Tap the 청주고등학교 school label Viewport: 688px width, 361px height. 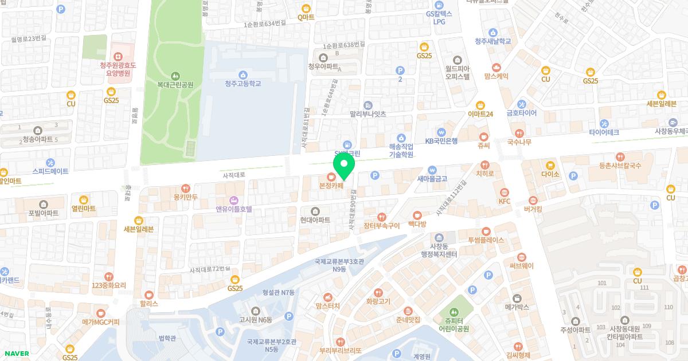click(243, 84)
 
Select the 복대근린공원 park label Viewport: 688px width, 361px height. click(175, 85)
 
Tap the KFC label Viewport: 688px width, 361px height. click(505, 201)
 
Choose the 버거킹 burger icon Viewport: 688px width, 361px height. click(533, 200)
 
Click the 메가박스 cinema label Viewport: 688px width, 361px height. click(516, 307)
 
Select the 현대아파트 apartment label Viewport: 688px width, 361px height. click(315, 219)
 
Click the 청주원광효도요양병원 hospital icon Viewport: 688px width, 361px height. click(118, 56)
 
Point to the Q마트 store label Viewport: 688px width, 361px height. click(306, 17)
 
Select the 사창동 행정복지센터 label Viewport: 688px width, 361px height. click(439, 250)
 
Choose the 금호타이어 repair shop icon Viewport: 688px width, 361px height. click(521, 104)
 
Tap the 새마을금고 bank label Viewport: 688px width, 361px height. click(432, 179)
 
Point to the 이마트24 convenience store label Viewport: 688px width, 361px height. click(480, 114)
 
